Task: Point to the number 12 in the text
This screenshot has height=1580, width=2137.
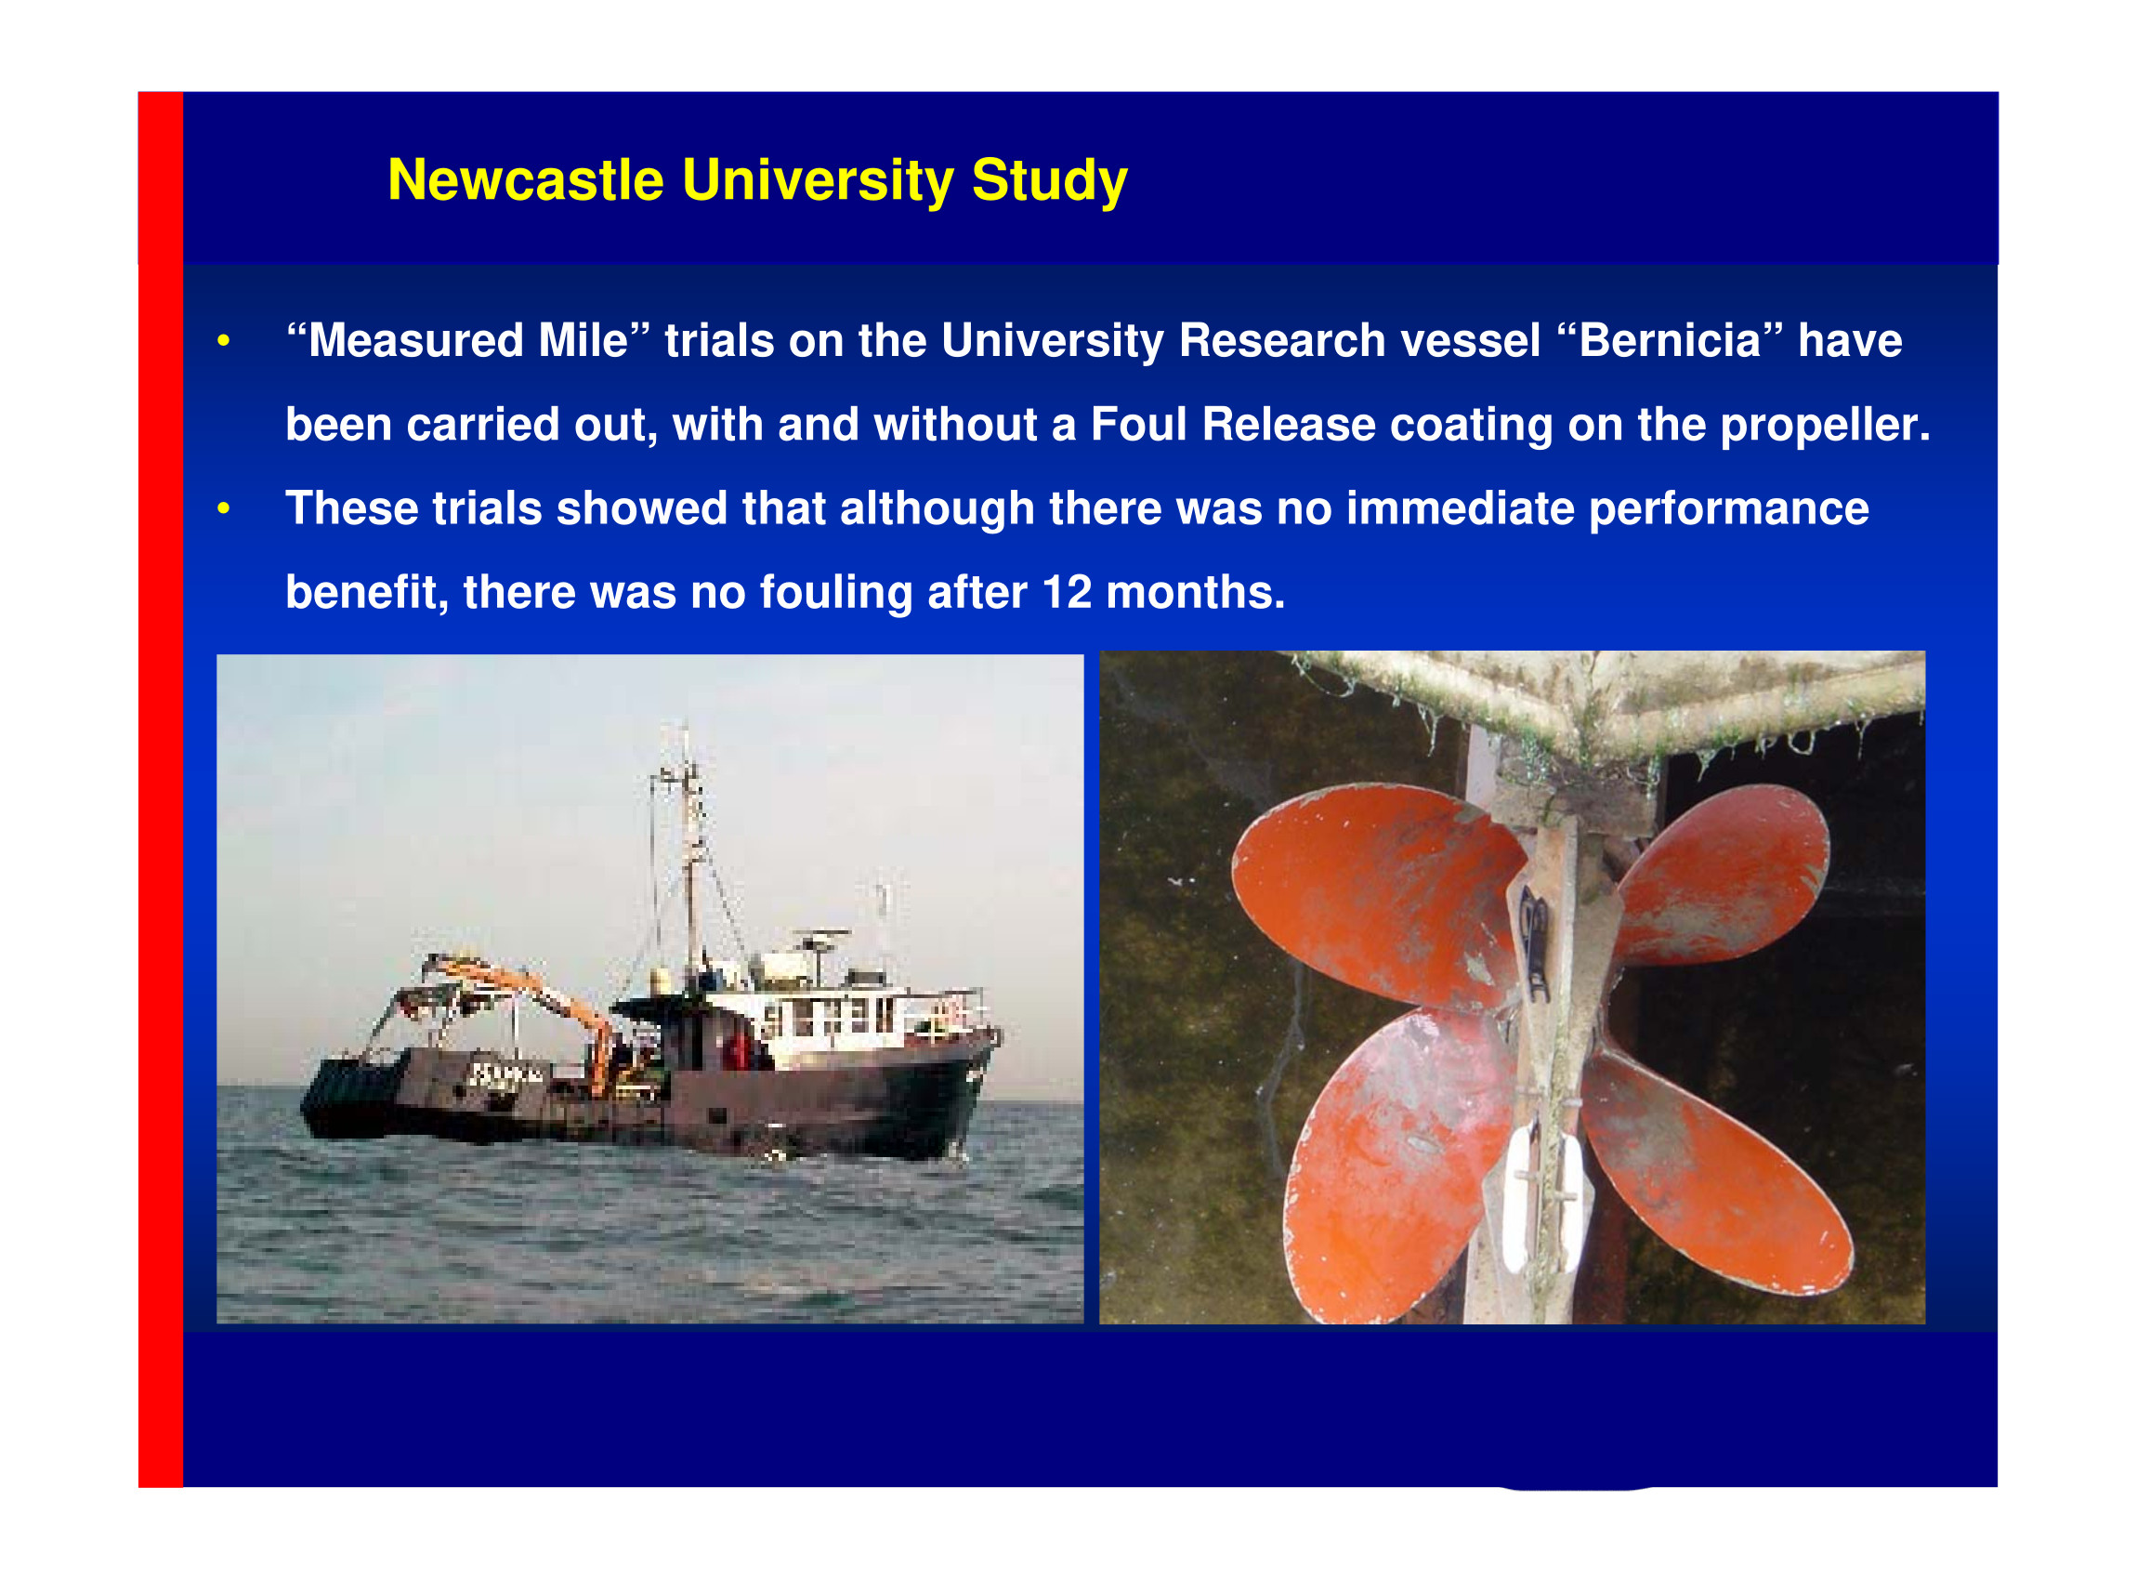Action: pos(1066,592)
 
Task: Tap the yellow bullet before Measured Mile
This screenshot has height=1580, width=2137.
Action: pos(224,341)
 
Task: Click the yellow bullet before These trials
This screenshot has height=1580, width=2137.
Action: pos(224,507)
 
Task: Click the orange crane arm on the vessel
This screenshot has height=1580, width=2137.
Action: pos(535,994)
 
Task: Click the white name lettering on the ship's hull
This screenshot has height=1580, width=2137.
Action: pos(507,1075)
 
